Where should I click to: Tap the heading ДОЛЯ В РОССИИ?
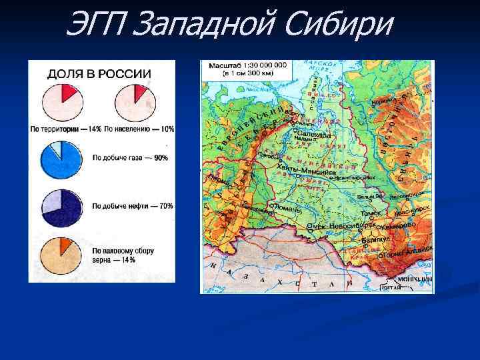99,73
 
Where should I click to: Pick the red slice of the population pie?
140,92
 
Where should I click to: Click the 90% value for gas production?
161,158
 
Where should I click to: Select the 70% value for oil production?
164,206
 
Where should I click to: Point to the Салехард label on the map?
314,134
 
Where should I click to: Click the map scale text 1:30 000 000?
263,65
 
